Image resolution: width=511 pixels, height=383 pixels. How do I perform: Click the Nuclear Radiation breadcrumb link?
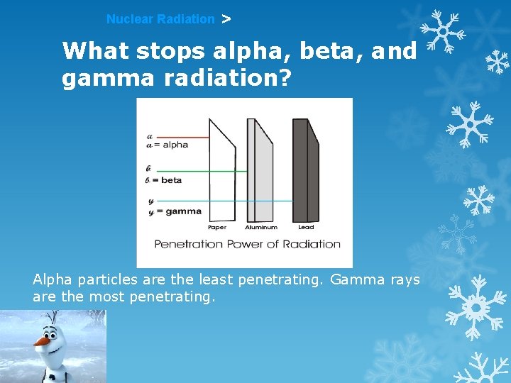pos(160,20)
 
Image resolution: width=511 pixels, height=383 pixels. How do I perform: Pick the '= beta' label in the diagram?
pos(167,180)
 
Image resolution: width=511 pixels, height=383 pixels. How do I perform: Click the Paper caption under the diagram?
pos(217,228)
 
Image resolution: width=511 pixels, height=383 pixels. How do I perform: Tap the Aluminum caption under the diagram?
pos(260,228)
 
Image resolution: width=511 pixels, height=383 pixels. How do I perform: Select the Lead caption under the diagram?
pos(306,228)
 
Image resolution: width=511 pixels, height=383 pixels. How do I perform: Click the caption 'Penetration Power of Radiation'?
pos(248,244)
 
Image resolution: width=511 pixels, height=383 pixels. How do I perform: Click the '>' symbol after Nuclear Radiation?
pos(226,19)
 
